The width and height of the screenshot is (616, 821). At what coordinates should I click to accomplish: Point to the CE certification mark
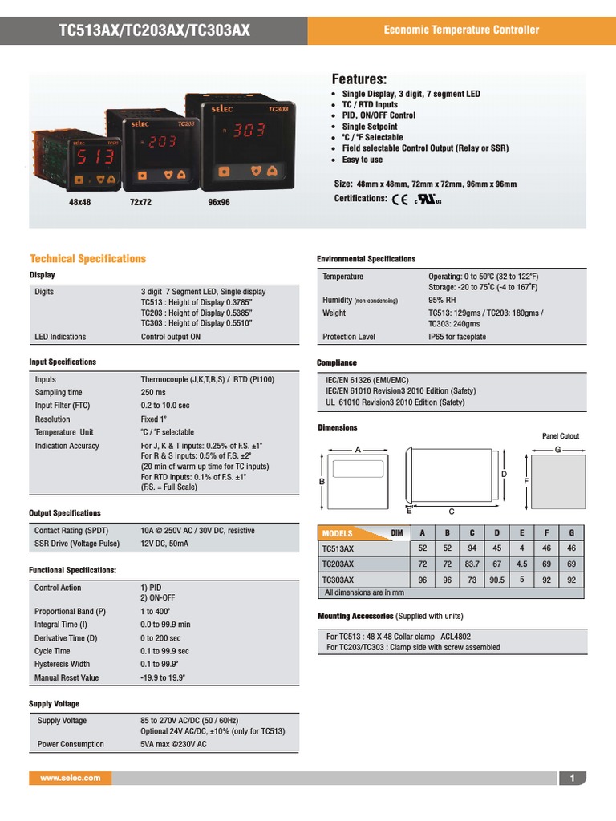click(x=399, y=200)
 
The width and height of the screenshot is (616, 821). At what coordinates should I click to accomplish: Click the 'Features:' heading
click(x=359, y=79)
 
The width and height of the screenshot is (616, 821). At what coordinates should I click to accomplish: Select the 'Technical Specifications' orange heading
click(x=87, y=259)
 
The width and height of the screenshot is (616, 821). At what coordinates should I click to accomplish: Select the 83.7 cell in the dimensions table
click(x=472, y=564)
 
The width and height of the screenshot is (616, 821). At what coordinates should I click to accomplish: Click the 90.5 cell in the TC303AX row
click(x=497, y=580)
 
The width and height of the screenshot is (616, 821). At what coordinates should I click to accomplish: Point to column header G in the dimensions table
click(x=571, y=533)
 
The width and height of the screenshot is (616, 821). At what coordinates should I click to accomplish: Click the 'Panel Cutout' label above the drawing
click(x=561, y=436)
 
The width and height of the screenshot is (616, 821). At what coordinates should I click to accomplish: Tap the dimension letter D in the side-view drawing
click(x=505, y=475)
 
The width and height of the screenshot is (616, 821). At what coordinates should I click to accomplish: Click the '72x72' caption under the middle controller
click(x=140, y=203)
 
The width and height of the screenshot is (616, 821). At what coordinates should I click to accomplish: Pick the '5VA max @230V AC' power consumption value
click(x=173, y=745)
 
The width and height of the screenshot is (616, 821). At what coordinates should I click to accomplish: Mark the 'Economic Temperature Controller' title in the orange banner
click(x=461, y=30)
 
